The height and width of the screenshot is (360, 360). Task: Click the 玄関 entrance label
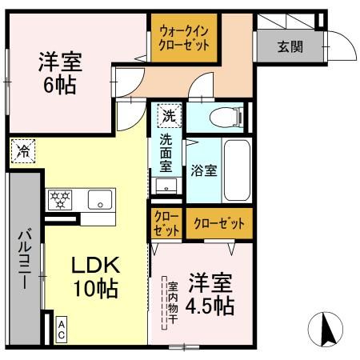[290, 46]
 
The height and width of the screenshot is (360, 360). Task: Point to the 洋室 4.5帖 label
[211, 294]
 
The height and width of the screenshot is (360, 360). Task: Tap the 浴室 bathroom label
[203, 170]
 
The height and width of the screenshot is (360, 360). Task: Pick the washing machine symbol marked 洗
[168, 115]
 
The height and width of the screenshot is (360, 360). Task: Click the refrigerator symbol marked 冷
[24, 150]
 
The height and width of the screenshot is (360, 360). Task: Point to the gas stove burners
[61, 199]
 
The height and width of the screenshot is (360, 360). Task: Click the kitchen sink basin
[101, 200]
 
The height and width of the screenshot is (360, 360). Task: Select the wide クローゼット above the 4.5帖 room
[218, 223]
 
